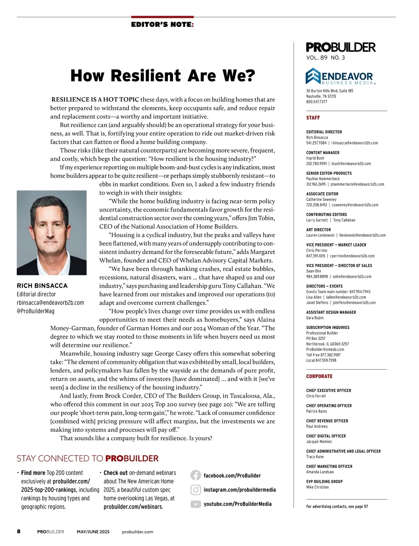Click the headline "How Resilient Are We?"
coord(163,76)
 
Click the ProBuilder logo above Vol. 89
coord(340,47)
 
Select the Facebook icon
coord(196,475)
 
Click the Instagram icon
coord(196,490)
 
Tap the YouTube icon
coord(196,504)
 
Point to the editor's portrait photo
coord(52,233)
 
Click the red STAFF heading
coord(313,118)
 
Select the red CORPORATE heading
coord(319,376)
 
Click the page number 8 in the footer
coord(19,532)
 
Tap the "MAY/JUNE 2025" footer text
coord(93,532)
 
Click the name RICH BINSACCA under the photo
coord(42,286)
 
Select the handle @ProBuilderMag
coord(36,311)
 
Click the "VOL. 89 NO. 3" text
coord(325,58)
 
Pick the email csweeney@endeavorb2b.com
coord(355,205)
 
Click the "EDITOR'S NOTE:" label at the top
coord(162,25)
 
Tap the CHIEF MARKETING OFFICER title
coord(329,466)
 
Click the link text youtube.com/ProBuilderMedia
coord(237,504)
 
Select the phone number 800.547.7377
coord(317,102)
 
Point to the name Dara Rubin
coord(315,318)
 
